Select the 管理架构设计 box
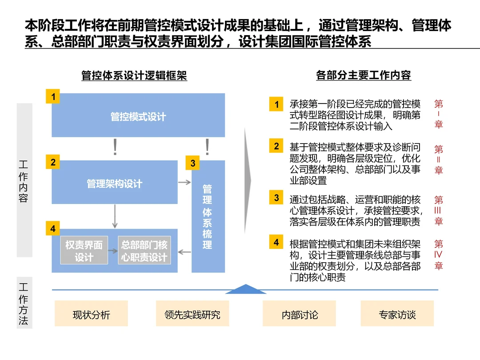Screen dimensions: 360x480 [x=115, y=183]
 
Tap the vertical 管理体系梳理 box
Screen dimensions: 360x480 [x=208, y=217]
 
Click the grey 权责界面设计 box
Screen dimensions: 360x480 [x=84, y=251]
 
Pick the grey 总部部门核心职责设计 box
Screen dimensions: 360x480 [x=144, y=251]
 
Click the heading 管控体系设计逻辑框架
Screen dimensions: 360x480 [x=134, y=76]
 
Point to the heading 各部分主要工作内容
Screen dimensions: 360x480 [x=364, y=76]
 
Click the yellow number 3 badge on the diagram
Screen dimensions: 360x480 [x=192, y=164]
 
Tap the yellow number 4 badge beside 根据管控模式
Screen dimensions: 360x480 [x=276, y=243]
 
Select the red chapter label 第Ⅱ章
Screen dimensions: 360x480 [x=439, y=160]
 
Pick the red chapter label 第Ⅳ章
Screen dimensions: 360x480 [x=439, y=255]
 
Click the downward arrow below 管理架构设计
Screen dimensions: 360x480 [x=115, y=216]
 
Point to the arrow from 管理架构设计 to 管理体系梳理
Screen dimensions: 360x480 [x=184, y=182]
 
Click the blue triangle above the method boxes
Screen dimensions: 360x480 [x=246, y=289]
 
